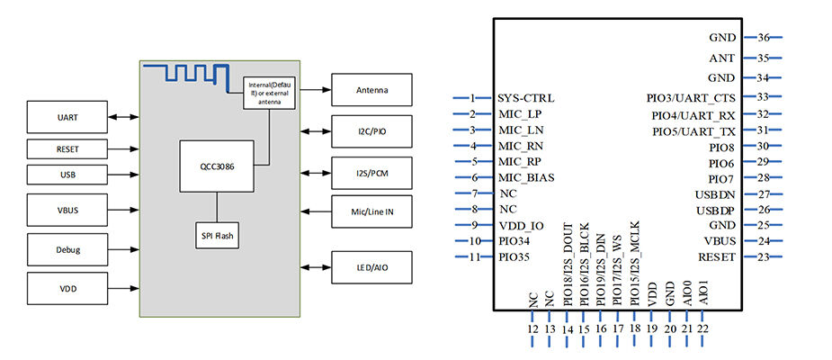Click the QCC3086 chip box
217,166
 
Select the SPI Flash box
217,237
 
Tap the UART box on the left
67,116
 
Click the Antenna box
372,90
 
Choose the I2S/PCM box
372,170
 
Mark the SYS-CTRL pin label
526,97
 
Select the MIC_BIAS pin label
529,178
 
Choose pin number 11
473,257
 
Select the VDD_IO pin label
522,225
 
